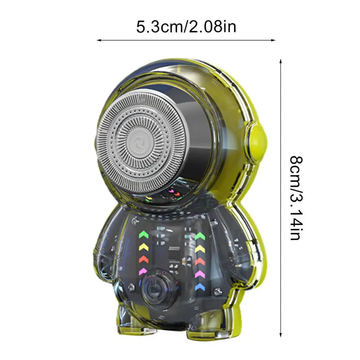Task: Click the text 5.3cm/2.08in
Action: (x=186, y=27)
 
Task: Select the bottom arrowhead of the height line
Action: (x=281, y=334)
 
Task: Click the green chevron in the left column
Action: (x=144, y=235)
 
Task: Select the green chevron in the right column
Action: (x=200, y=236)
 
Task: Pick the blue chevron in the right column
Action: (x=200, y=287)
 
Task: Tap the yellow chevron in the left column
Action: (x=144, y=247)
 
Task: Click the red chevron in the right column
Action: (x=200, y=261)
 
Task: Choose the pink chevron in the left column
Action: (x=144, y=271)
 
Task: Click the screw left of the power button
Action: (x=131, y=287)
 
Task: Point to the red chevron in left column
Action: (x=144, y=259)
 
